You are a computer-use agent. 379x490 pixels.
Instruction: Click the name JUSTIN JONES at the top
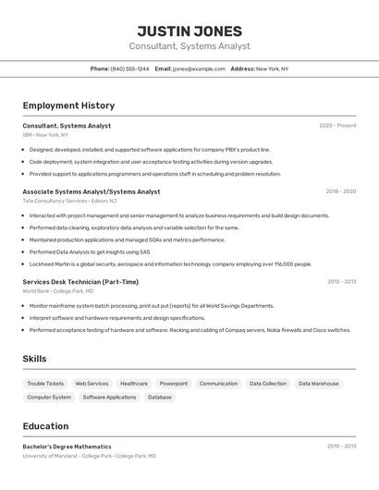[189, 31]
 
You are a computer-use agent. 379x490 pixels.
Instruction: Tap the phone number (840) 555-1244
[129, 68]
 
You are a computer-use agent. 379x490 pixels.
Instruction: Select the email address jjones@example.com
[199, 68]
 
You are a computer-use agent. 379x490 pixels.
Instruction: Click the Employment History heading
[68, 106]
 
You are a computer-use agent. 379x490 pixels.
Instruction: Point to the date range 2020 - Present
[337, 126]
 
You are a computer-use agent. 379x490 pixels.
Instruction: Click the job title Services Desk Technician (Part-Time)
[80, 282]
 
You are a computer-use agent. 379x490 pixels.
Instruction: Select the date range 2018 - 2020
[340, 191]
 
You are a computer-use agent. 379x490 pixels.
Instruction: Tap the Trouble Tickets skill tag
[45, 384]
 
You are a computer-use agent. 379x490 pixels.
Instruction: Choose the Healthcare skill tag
[134, 384]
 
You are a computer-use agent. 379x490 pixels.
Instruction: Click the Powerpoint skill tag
[174, 384]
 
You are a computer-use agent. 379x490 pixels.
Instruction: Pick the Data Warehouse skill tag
[318, 384]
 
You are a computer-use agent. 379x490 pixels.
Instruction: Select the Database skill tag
[160, 398]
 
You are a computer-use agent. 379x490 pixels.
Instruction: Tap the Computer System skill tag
[49, 398]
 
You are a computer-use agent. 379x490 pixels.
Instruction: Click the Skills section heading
[34, 359]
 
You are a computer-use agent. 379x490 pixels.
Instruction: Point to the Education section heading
[45, 426]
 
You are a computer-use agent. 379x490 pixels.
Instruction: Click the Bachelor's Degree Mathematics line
[67, 447]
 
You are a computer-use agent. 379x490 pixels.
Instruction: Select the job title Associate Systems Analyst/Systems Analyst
[91, 191]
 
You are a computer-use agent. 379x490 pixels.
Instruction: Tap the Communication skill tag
[218, 384]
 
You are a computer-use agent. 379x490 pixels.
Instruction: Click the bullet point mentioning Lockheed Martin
[170, 263]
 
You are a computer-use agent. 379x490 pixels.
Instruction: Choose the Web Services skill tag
[92, 384]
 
